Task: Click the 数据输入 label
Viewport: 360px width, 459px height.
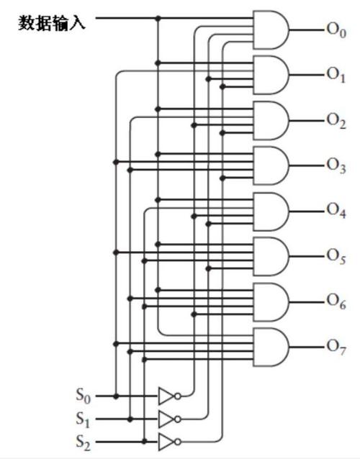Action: click(52, 23)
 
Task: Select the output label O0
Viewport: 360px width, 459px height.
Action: click(336, 30)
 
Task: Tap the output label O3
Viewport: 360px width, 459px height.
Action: click(336, 165)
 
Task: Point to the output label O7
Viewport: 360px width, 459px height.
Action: click(336, 347)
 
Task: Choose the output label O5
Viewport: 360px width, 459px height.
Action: click(336, 256)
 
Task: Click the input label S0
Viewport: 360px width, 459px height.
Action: click(84, 396)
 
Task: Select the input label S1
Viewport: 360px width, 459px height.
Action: click(84, 419)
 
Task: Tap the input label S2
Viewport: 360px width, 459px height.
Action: click(84, 442)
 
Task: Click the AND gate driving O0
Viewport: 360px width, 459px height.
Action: click(271, 30)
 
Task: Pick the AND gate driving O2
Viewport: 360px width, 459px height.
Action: click(271, 121)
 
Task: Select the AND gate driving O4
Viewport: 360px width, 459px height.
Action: click(271, 212)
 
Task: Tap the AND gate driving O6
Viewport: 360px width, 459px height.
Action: click(271, 302)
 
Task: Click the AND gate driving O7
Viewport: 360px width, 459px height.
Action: click(271, 347)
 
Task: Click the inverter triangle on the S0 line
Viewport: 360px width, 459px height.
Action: click(166, 396)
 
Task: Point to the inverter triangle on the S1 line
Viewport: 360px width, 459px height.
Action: click(166, 419)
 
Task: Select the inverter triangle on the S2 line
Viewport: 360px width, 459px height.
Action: click(166, 442)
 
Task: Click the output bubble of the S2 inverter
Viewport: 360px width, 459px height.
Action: click(178, 442)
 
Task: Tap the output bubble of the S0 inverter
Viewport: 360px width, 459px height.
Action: click(178, 396)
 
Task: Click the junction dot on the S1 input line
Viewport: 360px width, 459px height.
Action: click(130, 419)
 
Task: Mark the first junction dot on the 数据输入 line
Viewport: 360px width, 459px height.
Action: click(158, 19)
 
